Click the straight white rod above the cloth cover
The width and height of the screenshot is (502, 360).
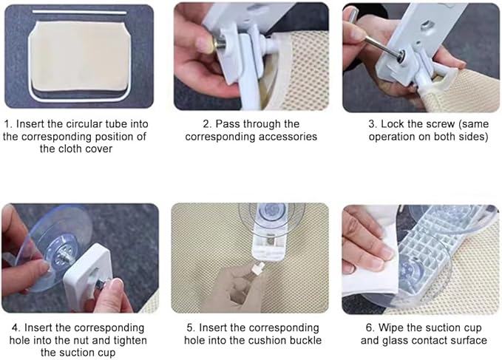[79, 13]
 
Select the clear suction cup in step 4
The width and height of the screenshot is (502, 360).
[51, 248]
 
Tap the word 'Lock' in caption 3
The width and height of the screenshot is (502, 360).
[392, 124]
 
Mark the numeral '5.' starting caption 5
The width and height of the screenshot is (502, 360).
[191, 328]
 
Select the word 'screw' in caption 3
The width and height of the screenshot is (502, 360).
[440, 124]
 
